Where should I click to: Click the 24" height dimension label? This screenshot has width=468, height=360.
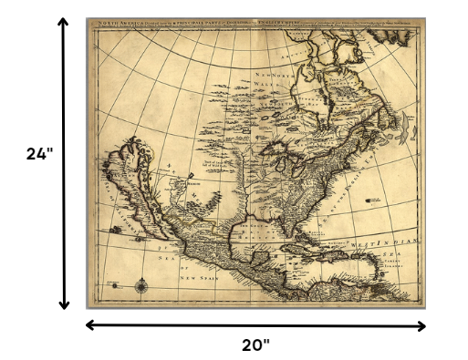(x=38, y=155)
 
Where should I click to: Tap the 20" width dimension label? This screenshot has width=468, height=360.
(x=256, y=345)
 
